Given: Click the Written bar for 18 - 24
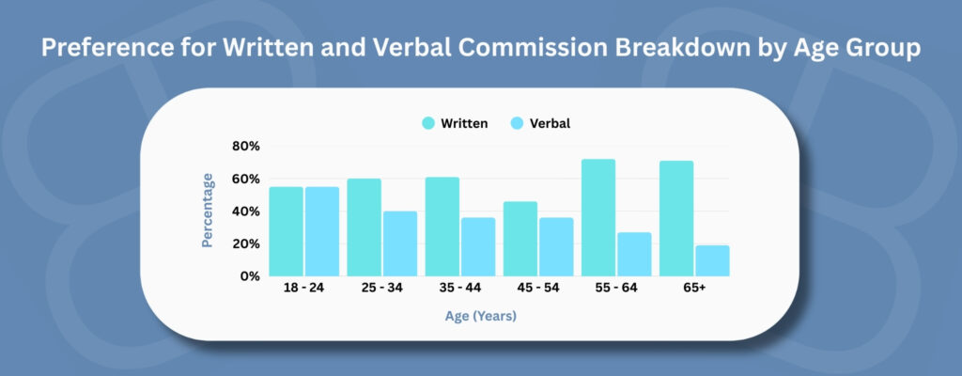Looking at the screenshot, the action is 286,231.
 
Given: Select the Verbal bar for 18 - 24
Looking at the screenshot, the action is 322,231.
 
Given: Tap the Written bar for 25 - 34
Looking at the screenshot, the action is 364,227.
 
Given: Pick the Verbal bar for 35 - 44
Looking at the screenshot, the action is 478,247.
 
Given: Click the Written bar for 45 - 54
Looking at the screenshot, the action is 520,239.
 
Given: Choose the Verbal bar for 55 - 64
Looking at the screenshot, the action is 634,255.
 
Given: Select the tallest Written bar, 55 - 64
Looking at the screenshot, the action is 598,217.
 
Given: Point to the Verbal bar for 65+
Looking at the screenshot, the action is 712,261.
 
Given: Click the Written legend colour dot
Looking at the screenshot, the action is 428,123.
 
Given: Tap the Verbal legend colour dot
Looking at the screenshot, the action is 517,123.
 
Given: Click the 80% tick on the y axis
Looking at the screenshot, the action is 246,147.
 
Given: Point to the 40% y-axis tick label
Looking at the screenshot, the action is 246,211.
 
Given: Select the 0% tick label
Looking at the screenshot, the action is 250,276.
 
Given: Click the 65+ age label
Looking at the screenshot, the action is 694,289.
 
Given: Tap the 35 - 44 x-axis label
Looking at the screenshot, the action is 460,289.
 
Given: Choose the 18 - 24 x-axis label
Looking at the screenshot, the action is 303,289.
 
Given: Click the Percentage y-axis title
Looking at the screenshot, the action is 208,211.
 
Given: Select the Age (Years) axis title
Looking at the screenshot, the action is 480,317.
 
